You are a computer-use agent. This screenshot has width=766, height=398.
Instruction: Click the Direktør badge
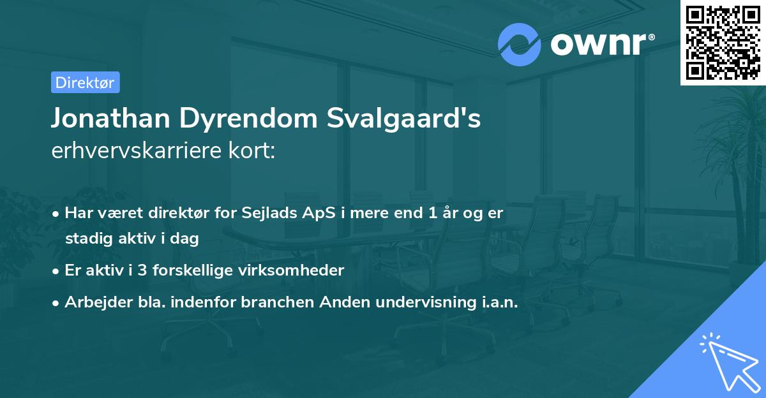[85, 82]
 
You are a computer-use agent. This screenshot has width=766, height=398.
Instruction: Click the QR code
[723, 43]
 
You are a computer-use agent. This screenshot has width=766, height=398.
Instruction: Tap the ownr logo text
[599, 45]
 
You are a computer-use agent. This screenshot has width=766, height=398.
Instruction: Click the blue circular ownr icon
[519, 45]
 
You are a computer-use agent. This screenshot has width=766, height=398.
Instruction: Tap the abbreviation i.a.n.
[500, 303]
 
